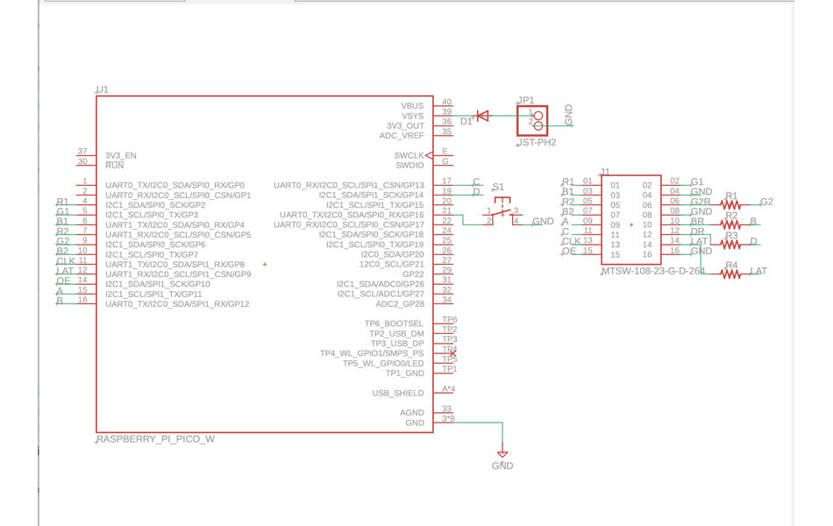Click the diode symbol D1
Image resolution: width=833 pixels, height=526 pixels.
click(481, 116)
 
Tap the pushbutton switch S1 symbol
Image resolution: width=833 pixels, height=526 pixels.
click(502, 211)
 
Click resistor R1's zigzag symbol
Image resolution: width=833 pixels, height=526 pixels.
click(731, 204)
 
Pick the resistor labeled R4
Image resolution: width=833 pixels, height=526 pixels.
click(731, 274)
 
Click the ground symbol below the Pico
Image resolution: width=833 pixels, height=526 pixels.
click(502, 454)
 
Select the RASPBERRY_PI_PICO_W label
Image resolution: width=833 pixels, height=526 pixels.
click(155, 439)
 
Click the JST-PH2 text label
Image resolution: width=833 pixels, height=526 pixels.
click(536, 142)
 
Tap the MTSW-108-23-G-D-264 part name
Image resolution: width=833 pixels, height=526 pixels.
click(652, 273)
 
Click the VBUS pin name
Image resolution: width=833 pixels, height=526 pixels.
click(412, 106)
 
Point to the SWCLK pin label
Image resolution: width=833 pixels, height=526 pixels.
click(409, 155)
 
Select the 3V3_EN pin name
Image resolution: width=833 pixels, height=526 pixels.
click(121, 155)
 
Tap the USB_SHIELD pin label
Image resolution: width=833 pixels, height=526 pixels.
click(398, 393)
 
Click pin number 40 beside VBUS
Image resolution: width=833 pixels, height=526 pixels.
click(447, 103)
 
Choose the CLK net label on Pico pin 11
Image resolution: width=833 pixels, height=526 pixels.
click(66, 261)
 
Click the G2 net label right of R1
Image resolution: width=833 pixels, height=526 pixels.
click(766, 202)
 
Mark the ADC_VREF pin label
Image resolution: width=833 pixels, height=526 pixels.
click(401, 136)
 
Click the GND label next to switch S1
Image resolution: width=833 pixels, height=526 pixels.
click(543, 222)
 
